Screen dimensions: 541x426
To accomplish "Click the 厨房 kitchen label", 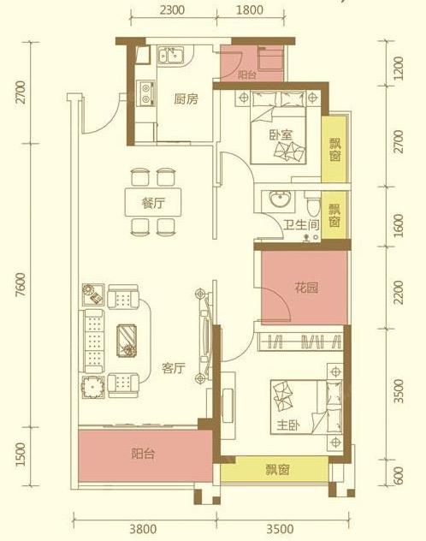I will tap(186, 99).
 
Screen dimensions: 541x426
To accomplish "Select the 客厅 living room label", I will tap(174, 369).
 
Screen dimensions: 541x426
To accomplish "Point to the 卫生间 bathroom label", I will tap(283, 227).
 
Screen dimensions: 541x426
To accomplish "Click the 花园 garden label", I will tap(307, 288).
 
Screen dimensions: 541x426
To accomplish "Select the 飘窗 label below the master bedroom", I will tap(276, 468).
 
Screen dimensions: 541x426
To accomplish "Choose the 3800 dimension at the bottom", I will tap(143, 527).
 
